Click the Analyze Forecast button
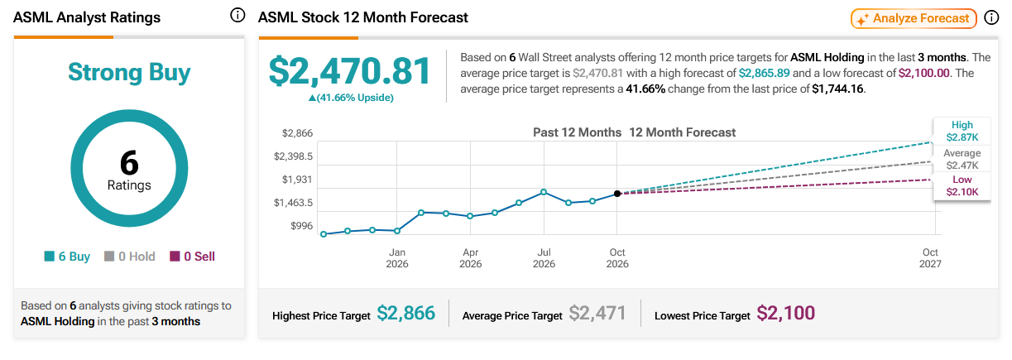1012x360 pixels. tap(914, 18)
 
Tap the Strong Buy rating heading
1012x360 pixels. tap(129, 72)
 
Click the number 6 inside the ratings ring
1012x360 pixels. tap(129, 162)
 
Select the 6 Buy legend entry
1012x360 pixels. tap(67, 257)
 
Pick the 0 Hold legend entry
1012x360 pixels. tap(130, 257)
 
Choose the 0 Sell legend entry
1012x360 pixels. tap(193, 257)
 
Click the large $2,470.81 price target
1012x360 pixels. tap(350, 71)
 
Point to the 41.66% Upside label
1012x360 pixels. tap(351, 98)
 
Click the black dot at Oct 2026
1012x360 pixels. tap(617, 194)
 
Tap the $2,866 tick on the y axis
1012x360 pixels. tap(297, 133)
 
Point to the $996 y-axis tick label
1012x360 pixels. tap(301, 226)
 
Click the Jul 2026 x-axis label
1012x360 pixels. tap(544, 258)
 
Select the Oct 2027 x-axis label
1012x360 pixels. tap(930, 258)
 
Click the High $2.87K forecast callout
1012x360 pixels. tap(962, 131)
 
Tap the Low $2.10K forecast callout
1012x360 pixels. tap(962, 185)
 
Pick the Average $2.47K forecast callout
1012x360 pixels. tap(962, 159)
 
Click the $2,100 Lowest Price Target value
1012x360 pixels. tap(785, 313)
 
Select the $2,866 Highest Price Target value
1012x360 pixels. tap(406, 313)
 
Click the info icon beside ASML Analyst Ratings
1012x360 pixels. tap(237, 16)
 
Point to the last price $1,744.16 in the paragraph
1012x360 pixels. tap(837, 89)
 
